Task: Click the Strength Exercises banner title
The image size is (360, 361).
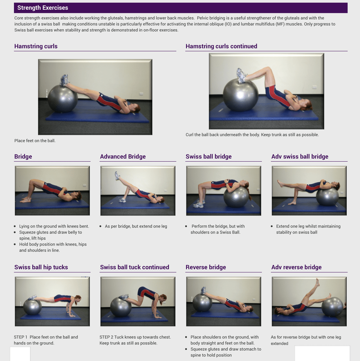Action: [42, 8]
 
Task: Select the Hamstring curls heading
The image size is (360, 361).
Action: [36, 46]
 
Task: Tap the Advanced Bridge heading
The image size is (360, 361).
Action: [123, 157]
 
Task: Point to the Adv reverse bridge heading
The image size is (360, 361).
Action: [296, 267]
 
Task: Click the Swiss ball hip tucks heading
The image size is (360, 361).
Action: [41, 267]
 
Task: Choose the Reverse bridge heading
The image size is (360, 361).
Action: [206, 267]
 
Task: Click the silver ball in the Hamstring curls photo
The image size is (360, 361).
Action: [63, 99]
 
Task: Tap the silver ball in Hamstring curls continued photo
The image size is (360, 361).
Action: [240, 95]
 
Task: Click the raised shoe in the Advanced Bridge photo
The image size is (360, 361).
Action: [117, 175]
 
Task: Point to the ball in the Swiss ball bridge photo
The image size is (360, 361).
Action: [236, 197]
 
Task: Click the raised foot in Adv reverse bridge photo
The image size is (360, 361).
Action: [318, 282]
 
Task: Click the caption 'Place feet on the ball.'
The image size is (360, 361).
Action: [35, 141]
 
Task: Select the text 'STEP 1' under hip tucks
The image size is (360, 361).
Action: [21, 337]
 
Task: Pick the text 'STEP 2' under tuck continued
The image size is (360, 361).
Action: [106, 337]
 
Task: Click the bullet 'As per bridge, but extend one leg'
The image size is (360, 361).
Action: [136, 226]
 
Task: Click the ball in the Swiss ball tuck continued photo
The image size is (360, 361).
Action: [121, 307]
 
